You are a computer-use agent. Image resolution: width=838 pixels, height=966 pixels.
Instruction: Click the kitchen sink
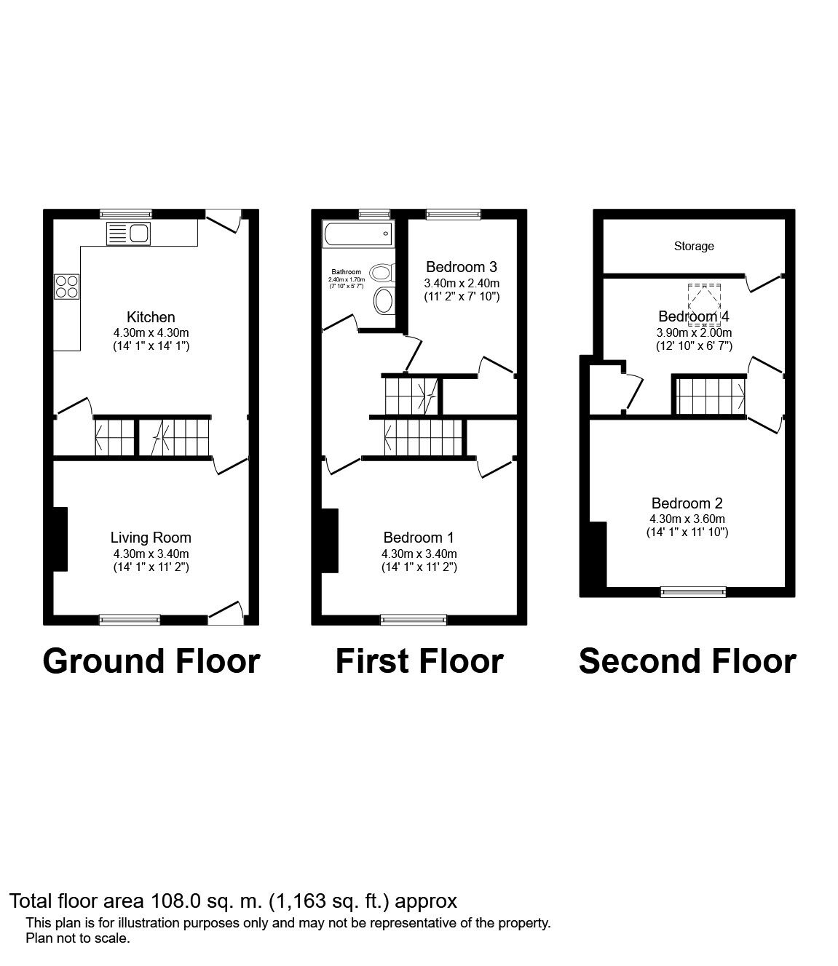pyautogui.click(x=128, y=233)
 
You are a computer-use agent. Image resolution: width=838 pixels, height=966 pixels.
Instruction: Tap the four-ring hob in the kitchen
pyautogui.click(x=66, y=286)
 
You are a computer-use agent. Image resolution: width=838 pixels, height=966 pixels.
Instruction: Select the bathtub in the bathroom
pyautogui.click(x=358, y=233)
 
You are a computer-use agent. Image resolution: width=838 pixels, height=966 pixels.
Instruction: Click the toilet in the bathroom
pyautogui.click(x=383, y=300)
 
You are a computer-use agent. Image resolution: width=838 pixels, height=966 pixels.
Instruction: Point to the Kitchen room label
pyautogui.click(x=151, y=317)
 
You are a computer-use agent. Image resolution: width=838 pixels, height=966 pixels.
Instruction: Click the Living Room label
pyautogui.click(x=151, y=538)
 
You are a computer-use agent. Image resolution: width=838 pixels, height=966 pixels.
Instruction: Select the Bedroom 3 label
pyautogui.click(x=462, y=267)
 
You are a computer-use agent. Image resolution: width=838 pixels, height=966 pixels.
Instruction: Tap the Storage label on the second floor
pyautogui.click(x=693, y=247)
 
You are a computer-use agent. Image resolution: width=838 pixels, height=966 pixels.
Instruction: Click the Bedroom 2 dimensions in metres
pyautogui.click(x=687, y=519)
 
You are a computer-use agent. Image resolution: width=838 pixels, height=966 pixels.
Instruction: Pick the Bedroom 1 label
pyautogui.click(x=419, y=538)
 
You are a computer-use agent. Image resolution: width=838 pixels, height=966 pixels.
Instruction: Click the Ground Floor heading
pyautogui.click(x=151, y=661)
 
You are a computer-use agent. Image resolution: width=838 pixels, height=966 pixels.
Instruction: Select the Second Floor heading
pyautogui.click(x=687, y=661)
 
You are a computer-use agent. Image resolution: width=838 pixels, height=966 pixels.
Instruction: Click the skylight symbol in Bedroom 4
pyautogui.click(x=703, y=303)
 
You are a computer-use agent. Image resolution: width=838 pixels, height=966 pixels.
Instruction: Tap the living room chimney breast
pyautogui.click(x=60, y=539)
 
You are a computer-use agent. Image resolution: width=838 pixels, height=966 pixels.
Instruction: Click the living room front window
pyautogui.click(x=130, y=620)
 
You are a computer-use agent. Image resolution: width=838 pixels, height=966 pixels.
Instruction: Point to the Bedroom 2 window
pyautogui.click(x=693, y=591)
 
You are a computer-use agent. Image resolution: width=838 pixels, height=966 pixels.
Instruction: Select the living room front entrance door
pyautogui.click(x=226, y=613)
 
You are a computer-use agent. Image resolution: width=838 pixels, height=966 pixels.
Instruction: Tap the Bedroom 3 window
pyautogui.click(x=453, y=214)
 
